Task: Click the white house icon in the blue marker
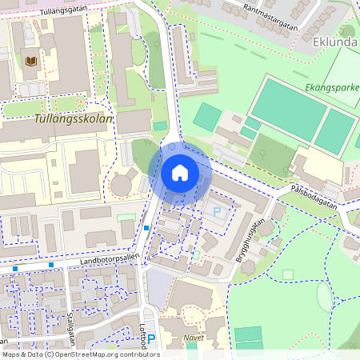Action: [180, 173]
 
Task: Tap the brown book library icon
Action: [31, 62]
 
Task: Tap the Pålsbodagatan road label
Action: [314, 191]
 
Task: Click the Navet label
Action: [194, 338]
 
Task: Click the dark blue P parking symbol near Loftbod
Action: [151, 339]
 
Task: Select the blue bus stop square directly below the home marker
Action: [147, 228]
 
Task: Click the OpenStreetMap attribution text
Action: [80, 354]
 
